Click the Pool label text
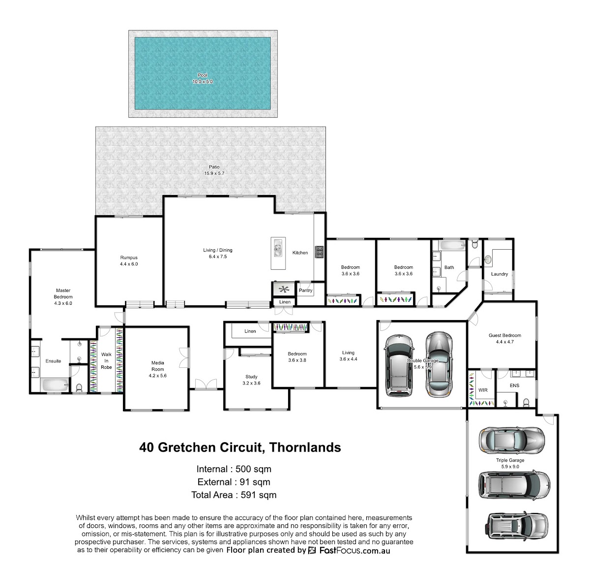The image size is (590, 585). click(203, 75)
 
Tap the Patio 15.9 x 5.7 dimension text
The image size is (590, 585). click(214, 173)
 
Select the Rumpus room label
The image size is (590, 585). click(129, 258)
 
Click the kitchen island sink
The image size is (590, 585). click(278, 249)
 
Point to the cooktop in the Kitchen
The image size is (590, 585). click(320, 252)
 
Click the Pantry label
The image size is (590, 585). click(305, 290)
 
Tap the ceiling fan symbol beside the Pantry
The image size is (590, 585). click(284, 289)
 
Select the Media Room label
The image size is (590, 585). click(158, 366)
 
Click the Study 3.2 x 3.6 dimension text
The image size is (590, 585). click(251, 383)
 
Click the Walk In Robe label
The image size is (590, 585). click(106, 361)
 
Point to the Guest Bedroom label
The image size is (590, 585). click(505, 335)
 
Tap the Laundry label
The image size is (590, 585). click(500, 274)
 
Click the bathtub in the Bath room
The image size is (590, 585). click(452, 245)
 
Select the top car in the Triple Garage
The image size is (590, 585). click(512, 440)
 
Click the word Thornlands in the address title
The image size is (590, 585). click(305, 448)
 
